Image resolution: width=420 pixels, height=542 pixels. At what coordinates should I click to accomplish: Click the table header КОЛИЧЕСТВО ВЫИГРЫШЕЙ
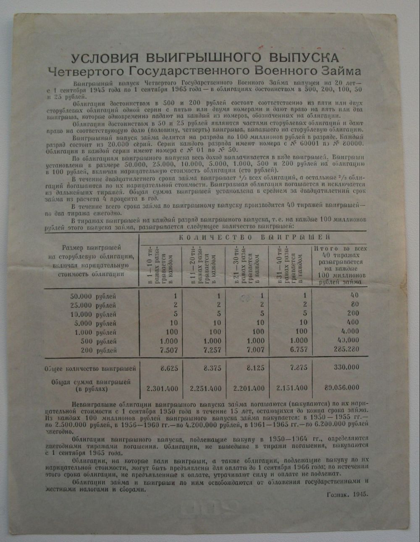pos(255,237)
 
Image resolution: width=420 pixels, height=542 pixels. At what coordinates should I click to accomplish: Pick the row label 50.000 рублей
pos(94,296)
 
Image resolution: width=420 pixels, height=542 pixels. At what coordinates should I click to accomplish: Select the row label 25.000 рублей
pos(94,305)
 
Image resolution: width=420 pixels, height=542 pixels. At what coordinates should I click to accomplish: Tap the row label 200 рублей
pos(99,350)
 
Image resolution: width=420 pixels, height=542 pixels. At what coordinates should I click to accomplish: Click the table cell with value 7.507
pos(168,350)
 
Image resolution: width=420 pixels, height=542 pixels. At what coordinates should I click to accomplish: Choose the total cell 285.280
pos(346,350)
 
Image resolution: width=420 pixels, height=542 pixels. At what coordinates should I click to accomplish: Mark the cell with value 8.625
pos(169,368)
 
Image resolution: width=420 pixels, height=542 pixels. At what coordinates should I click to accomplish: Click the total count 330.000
pos(346,367)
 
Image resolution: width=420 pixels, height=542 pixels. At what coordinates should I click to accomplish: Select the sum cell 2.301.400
pos(163,388)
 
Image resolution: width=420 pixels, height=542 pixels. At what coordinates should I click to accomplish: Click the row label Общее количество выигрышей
pos(90,369)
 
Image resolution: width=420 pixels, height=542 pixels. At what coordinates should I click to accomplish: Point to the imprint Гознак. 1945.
pos(347,495)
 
